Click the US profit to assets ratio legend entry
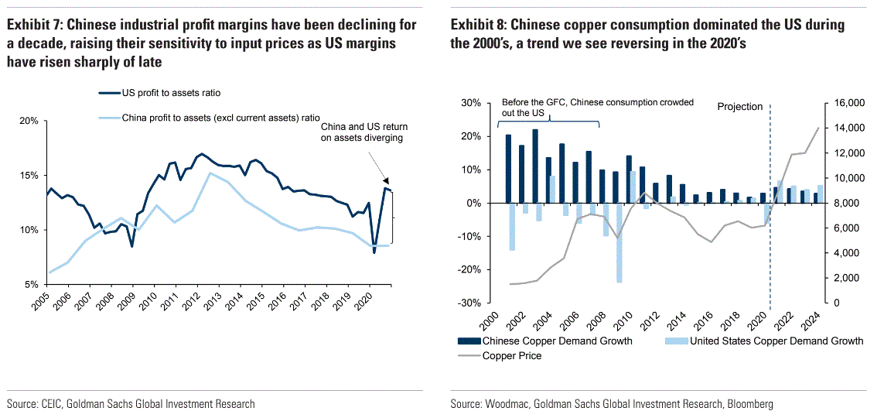(x=171, y=93)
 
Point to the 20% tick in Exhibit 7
(x=28, y=121)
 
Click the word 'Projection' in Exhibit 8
(x=739, y=107)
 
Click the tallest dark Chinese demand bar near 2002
(x=534, y=166)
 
